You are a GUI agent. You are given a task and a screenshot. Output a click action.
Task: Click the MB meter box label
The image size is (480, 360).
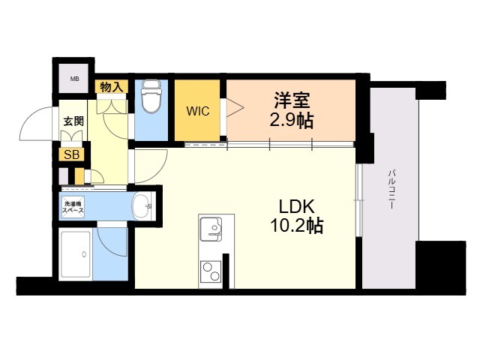[x=75, y=79]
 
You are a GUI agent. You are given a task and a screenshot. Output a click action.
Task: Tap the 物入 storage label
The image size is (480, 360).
[x=112, y=87]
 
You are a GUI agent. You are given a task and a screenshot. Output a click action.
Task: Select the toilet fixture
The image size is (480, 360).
[x=151, y=96]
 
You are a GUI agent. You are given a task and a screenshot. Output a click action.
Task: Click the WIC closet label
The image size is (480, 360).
[x=198, y=111]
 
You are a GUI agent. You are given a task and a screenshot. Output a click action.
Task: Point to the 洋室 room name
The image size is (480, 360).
[x=292, y=100]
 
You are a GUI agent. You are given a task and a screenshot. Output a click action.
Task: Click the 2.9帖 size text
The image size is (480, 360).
[x=292, y=121]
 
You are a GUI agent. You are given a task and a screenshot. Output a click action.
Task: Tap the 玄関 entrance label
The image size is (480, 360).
[x=73, y=121]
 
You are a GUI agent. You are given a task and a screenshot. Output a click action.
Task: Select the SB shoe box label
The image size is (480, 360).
[x=72, y=155]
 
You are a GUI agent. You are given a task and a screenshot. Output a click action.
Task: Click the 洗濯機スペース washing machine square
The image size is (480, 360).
[x=73, y=207]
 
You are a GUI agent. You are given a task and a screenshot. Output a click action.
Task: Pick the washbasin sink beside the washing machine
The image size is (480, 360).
[x=143, y=206]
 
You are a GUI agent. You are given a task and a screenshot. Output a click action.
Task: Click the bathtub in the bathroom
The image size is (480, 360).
[x=75, y=254]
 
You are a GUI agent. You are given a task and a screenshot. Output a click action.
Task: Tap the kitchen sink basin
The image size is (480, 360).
[x=211, y=229]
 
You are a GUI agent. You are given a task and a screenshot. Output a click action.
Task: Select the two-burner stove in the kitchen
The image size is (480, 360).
[x=211, y=271]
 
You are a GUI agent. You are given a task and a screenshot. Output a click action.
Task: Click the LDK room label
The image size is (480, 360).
[x=296, y=207]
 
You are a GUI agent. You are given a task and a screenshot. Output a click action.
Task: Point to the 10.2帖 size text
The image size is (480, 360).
[x=296, y=226]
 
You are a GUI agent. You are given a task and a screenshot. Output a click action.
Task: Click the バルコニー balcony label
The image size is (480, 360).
[x=391, y=189]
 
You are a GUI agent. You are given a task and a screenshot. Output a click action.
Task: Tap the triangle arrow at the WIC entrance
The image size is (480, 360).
[x=235, y=107]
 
